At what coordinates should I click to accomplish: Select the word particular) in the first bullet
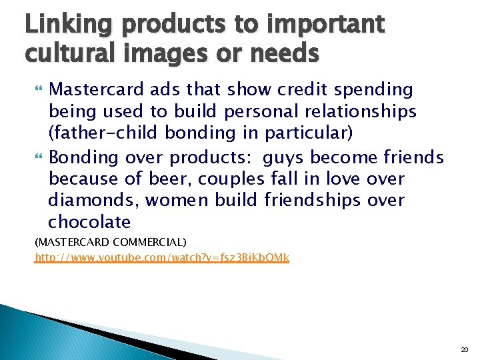[x=309, y=132]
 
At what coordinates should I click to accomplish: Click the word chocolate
[x=89, y=221]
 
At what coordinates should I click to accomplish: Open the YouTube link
[x=162, y=257]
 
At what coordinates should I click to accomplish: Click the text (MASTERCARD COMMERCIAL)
[x=111, y=241]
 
